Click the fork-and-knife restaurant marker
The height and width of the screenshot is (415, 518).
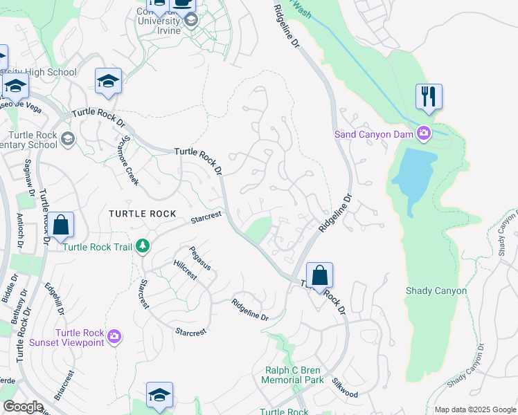pos(429,97)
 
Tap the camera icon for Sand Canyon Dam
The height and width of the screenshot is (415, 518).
pos(424,133)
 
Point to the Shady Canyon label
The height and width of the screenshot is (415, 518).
pos(436,291)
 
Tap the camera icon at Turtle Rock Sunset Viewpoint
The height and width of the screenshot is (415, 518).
pos(114,337)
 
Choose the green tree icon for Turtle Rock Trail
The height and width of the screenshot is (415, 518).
pos(142,246)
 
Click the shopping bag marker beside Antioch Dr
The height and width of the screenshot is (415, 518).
pos(60,225)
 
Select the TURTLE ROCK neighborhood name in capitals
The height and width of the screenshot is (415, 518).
pos(142,214)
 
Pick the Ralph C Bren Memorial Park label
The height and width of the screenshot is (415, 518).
pos(294,375)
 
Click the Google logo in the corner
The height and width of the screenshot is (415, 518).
pos(22,407)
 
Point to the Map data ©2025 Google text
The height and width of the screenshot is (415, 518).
pos(475,409)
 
